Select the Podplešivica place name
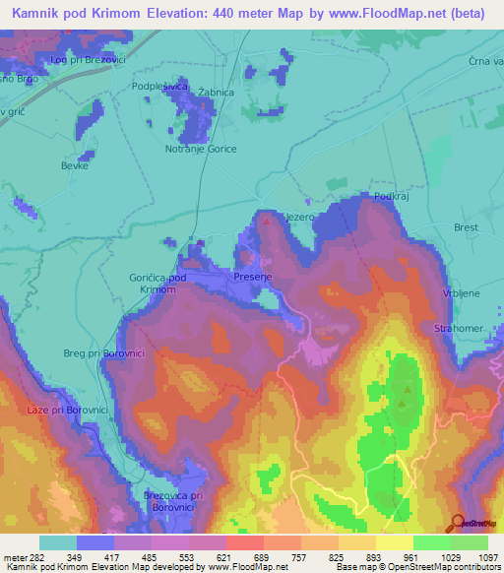[159, 87]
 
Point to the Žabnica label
[216, 93]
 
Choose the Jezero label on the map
[298, 216]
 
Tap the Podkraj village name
[391, 197]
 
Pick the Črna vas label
[486, 61]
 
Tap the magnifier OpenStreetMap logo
[456, 523]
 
